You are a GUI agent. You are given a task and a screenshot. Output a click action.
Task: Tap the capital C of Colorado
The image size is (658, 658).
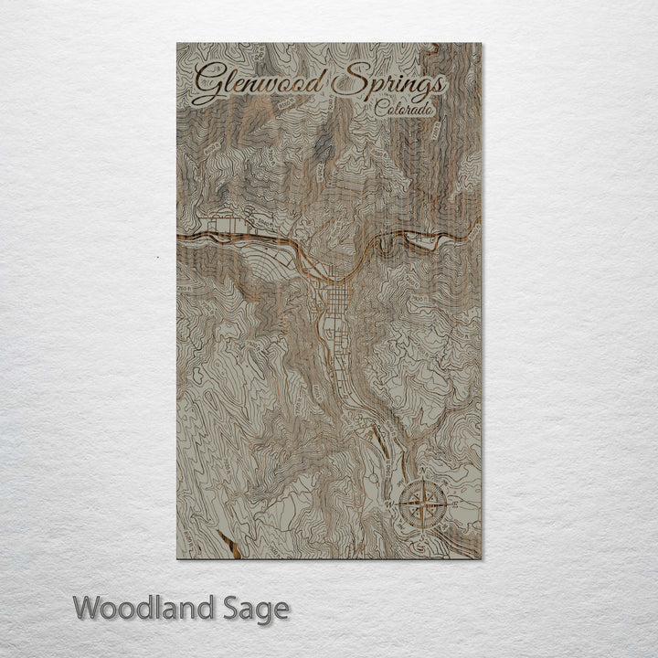(379, 109)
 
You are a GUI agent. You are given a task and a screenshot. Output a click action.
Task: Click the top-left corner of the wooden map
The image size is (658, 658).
(177, 43)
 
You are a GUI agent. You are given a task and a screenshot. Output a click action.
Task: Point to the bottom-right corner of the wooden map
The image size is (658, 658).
(481, 557)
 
